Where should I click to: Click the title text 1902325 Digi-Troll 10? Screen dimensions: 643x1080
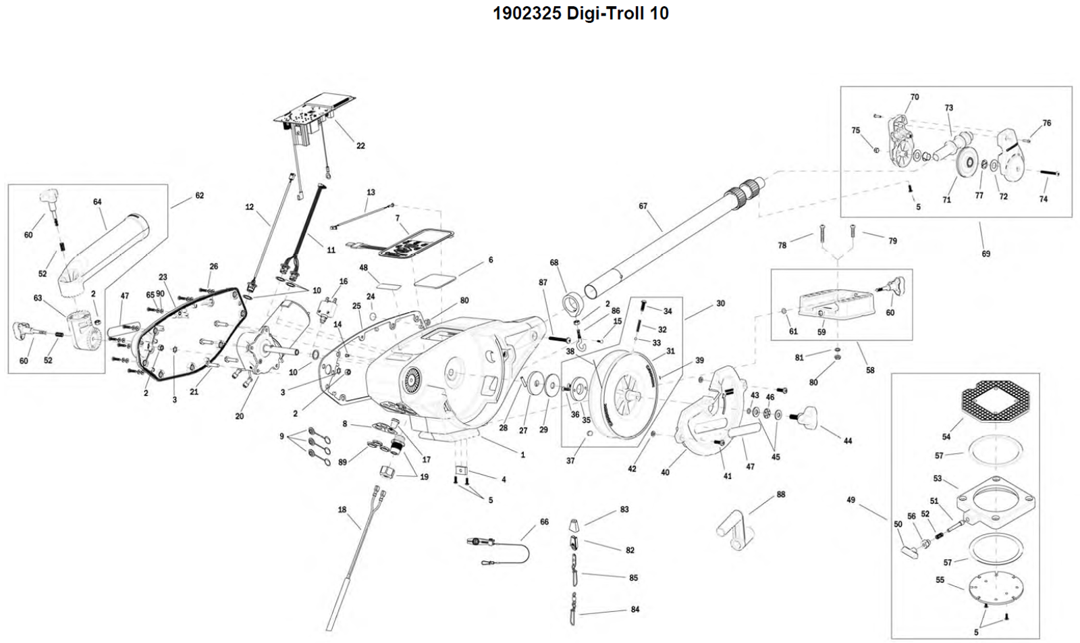[x=580, y=14]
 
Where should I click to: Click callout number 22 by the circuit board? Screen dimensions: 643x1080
[x=360, y=146]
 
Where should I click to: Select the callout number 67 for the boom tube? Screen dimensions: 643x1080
[x=643, y=206]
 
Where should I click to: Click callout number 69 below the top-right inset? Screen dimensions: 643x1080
[x=986, y=254]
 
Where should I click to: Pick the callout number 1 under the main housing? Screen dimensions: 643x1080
[x=522, y=455]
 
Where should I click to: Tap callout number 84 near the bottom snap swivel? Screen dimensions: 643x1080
[x=634, y=609]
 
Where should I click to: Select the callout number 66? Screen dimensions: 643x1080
[x=544, y=522]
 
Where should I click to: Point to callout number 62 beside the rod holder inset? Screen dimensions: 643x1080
[x=199, y=196]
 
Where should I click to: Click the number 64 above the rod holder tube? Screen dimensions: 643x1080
[x=97, y=202]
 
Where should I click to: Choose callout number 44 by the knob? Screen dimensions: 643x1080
[x=848, y=441]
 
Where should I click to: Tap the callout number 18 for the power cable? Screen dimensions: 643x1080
[x=342, y=510]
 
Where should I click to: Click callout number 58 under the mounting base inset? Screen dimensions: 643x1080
[x=870, y=370]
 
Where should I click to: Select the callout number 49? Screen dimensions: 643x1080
[x=850, y=500]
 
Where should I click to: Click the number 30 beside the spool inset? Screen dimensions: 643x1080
[x=721, y=304]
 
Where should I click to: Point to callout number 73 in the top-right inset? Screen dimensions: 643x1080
[x=949, y=108]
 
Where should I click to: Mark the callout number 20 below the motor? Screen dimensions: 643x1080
[x=240, y=417]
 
